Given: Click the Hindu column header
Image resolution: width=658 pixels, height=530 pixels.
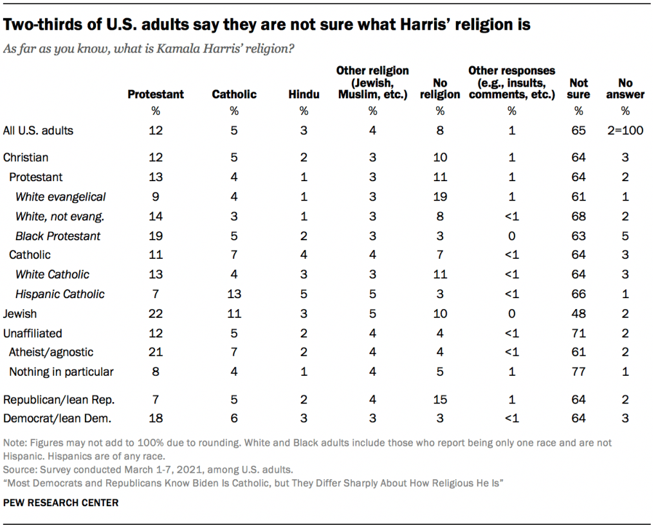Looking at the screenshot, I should pyautogui.click(x=304, y=94).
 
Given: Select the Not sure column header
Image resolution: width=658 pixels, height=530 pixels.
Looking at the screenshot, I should pyautogui.click(x=578, y=89).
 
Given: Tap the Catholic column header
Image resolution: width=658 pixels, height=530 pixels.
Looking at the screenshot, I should pyautogui.click(x=234, y=94).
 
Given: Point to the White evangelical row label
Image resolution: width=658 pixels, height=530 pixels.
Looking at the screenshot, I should pyautogui.click(x=60, y=197).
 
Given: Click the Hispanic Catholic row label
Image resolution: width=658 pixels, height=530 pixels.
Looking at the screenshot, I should pyautogui.click(x=60, y=294).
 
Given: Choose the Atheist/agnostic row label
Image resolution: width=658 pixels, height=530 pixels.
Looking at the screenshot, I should pyautogui.click(x=51, y=352).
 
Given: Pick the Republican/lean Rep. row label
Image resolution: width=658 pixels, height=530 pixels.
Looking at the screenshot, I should pyautogui.click(x=59, y=400).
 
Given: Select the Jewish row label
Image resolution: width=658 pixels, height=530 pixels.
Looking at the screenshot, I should pyautogui.click(x=20, y=314).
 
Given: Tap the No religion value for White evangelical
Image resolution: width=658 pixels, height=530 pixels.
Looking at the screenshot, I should pyautogui.click(x=440, y=197).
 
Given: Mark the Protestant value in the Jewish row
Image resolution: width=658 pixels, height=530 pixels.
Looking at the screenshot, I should pyautogui.click(x=155, y=314).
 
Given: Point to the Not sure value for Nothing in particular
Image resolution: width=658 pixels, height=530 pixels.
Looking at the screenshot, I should pyautogui.click(x=578, y=371).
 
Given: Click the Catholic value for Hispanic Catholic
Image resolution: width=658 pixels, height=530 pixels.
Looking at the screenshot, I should pyautogui.click(x=234, y=294).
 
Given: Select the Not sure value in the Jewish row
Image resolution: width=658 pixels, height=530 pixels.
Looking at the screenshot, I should pyautogui.click(x=578, y=314).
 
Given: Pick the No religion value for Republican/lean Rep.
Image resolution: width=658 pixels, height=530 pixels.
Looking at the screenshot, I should pyautogui.click(x=440, y=400).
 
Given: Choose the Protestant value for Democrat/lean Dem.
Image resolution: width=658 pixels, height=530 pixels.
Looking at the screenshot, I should pyautogui.click(x=155, y=419).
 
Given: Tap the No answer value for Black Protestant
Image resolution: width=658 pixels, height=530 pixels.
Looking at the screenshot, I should pyautogui.click(x=626, y=236).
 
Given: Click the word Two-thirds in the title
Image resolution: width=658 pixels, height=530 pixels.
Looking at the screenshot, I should pyautogui.click(x=38, y=26).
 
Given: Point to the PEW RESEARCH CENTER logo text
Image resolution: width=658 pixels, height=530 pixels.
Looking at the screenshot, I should pyautogui.click(x=61, y=503).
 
